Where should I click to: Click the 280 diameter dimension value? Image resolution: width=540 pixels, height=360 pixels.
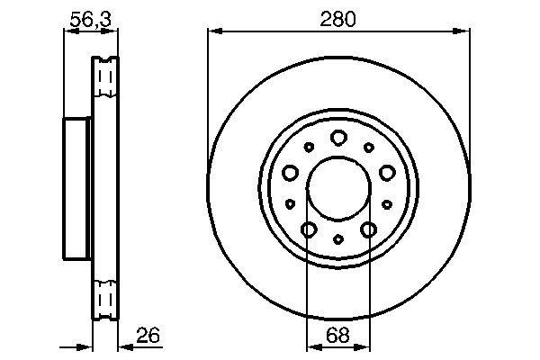coord(338,19)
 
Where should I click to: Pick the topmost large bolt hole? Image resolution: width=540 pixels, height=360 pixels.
coord(338,138)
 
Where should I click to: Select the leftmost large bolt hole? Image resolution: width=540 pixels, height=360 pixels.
coord(290,173)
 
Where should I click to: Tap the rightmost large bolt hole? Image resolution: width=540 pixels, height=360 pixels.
coord(387,173)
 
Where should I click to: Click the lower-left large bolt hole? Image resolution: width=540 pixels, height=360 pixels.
coord(309,230)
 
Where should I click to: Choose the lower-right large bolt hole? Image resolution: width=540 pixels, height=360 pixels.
coord(368,230)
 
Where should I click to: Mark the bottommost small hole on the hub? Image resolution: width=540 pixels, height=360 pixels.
coord(338,239)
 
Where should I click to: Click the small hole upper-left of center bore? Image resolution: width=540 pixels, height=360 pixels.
coord(309,148)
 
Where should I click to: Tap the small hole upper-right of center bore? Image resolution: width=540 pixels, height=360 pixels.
coord(368,148)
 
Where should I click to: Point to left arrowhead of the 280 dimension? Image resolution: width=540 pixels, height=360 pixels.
coord(212,31)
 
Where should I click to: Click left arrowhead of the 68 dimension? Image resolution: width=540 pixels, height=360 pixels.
coord(312,346)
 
